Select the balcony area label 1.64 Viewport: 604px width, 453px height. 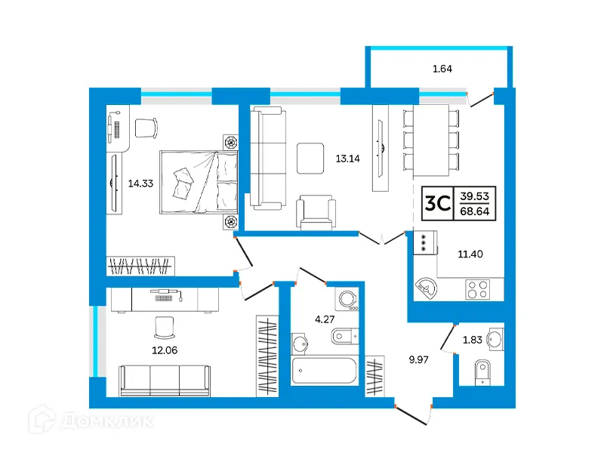pyautogui.click(x=442, y=70)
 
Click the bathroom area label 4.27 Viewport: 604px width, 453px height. pyautogui.click(x=324, y=319)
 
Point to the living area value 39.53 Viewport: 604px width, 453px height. pyautogui.click(x=477, y=195)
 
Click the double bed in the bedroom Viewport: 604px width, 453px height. pyautogui.click(x=199, y=181)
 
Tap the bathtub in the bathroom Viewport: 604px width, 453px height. pyautogui.click(x=324, y=371)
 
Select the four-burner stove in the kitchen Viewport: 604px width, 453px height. pyautogui.click(x=479, y=289)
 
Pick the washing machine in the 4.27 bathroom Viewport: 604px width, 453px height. pyautogui.click(x=349, y=300)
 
